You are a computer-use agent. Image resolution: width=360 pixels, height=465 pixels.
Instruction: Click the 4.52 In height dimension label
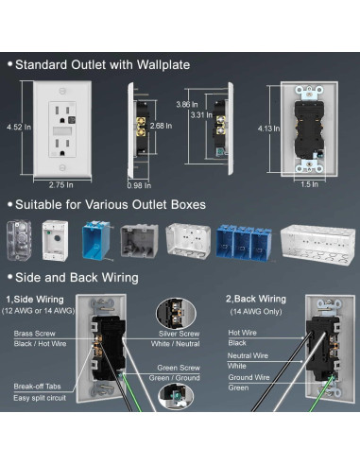click(19, 127)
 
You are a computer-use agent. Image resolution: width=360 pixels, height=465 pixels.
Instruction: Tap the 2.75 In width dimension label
click(60, 185)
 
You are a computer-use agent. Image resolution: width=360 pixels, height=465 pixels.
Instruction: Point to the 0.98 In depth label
click(139, 185)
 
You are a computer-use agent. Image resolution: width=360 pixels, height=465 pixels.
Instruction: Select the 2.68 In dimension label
click(161, 126)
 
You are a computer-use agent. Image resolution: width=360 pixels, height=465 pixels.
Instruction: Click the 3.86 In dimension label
click(187, 104)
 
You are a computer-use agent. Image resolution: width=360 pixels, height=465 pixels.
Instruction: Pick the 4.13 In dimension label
click(268, 129)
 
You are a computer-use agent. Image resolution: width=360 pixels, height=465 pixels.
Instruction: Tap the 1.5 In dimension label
click(309, 184)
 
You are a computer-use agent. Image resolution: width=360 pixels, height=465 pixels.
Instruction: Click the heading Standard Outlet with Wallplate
click(102, 65)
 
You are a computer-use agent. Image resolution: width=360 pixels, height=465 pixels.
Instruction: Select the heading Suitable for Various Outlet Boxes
click(111, 205)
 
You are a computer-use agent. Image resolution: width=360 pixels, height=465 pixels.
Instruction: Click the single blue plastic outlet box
click(96, 241)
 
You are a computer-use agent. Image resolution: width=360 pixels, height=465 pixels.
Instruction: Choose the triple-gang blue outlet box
click(243, 242)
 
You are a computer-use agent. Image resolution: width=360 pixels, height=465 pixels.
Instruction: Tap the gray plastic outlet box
click(139, 241)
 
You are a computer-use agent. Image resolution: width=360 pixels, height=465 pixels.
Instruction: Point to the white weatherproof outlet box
click(55, 241)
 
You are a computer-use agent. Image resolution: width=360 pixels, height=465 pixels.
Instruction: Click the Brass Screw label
click(34, 334)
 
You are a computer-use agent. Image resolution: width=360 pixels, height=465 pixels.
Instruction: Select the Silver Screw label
click(179, 334)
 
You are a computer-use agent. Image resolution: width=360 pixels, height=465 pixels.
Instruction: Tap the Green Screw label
click(179, 368)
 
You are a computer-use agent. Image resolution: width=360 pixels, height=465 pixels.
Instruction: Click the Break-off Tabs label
click(37, 387)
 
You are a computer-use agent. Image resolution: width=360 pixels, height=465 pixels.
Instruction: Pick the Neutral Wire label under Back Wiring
click(248, 355)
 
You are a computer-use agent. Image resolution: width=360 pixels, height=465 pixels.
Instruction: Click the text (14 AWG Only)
click(256, 312)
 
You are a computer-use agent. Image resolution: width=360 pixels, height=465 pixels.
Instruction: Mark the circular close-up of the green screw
click(176, 396)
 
